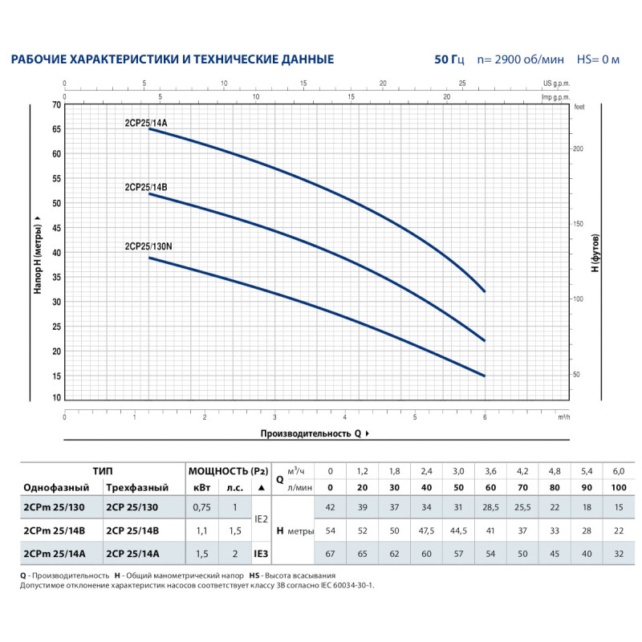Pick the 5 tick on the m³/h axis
point(415,416)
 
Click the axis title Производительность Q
point(311,433)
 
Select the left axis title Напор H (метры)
point(38,252)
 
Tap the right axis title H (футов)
point(595,253)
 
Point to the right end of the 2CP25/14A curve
point(484,291)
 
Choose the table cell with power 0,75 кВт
point(202,508)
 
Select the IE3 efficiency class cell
point(261,553)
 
